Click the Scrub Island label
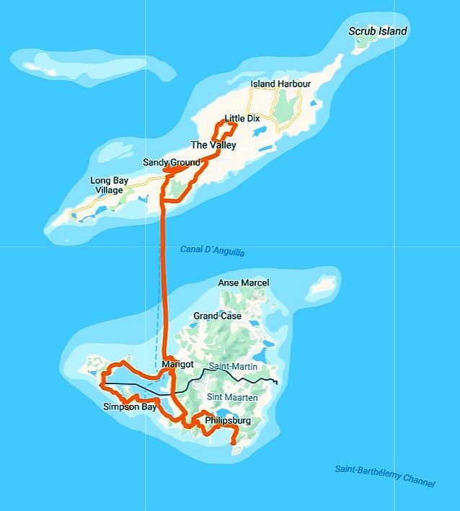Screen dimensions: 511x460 coord(377,31)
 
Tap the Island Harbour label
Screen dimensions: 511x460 coord(280,84)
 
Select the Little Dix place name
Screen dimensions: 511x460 coord(242,118)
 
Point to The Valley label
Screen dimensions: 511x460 coord(213,145)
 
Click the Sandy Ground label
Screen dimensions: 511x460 coord(171,162)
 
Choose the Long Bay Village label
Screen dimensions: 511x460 coord(111,185)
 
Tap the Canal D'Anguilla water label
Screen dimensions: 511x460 coord(212,251)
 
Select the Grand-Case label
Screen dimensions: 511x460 coord(217,316)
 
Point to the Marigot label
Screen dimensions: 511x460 coord(178,365)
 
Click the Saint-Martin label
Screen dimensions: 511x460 coord(233,367)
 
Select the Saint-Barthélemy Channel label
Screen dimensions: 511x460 coord(385,476)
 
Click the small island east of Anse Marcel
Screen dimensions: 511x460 coord(322,286)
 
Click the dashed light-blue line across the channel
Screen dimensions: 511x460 coord(157,303)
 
